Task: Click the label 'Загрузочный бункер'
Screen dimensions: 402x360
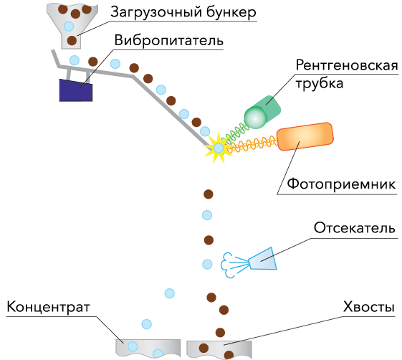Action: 183,11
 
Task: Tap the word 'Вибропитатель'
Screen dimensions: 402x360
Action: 168,40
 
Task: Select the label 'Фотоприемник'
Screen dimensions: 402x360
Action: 341,184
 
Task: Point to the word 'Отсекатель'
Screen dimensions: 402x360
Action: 355,227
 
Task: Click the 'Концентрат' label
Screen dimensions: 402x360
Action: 49,307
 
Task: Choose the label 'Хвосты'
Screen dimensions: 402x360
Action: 368,307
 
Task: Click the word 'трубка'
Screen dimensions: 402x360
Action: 320,84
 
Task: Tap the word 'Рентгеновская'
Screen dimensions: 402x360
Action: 347,65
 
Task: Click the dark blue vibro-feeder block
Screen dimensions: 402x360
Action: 76,90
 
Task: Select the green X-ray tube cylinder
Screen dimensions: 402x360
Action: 262,112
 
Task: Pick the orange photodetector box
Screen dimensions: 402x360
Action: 305,136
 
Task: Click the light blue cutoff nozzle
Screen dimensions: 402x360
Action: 263,259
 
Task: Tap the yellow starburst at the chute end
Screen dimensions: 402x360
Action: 218,148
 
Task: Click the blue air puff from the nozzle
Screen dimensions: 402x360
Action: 228,265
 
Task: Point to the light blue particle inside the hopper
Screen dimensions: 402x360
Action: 69,26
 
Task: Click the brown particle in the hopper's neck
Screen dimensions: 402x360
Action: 72,40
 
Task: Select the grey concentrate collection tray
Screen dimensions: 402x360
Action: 148,348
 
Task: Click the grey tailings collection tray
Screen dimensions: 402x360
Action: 219,349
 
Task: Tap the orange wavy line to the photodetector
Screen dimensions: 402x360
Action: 253,146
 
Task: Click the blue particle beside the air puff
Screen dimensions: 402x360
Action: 207,264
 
